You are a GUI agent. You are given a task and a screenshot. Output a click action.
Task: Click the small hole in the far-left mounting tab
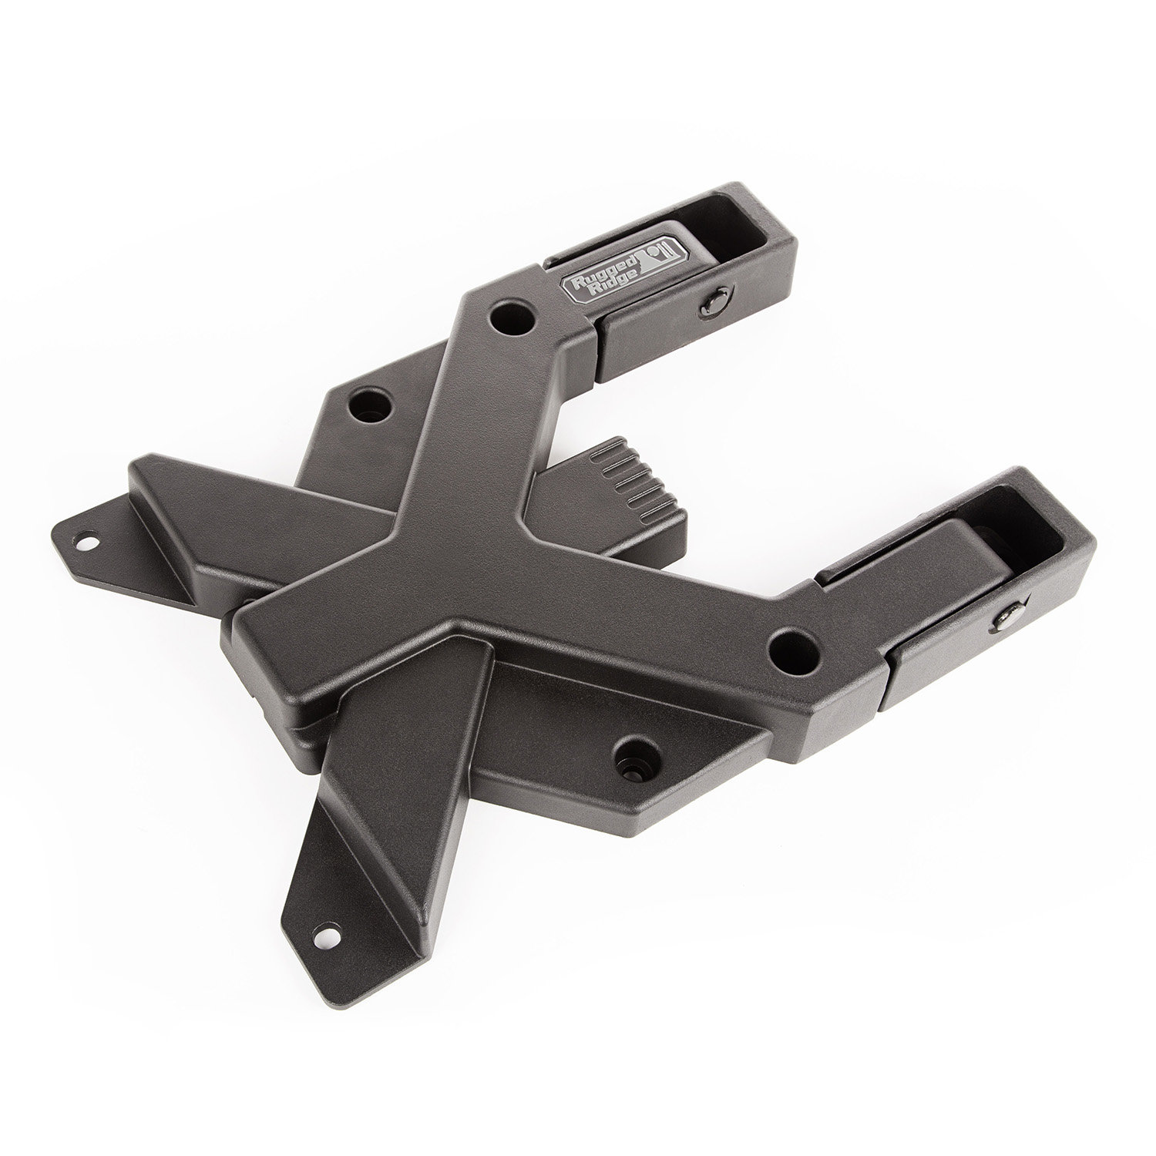(83, 539)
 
